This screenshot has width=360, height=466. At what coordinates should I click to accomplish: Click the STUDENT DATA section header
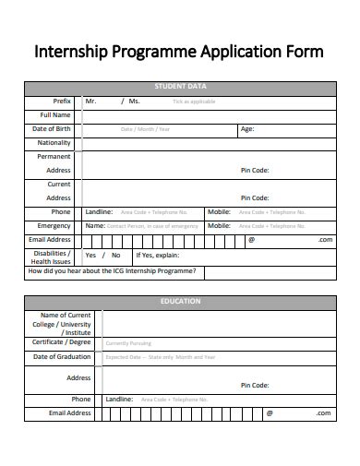(179, 86)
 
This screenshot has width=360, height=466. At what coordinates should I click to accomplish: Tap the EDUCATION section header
(179, 302)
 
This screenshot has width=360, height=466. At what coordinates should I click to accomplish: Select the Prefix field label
(62, 101)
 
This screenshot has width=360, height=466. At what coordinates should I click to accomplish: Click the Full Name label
(55, 114)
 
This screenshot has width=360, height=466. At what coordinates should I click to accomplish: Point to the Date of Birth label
(52, 129)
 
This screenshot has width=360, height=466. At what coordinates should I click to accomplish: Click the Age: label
(246, 129)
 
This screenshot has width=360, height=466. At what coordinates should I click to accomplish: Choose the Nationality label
(54, 143)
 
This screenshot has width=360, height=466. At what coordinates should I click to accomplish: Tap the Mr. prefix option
(90, 101)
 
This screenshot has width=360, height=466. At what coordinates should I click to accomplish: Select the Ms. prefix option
(134, 101)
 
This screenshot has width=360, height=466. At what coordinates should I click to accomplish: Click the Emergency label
(54, 225)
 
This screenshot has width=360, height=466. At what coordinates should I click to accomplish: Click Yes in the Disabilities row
(90, 255)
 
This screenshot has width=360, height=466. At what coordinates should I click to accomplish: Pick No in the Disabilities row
(115, 255)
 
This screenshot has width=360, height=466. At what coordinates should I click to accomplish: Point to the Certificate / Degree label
(62, 342)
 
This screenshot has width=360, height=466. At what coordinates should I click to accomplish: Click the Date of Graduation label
(62, 356)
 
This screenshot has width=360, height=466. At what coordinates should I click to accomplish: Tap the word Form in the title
(302, 52)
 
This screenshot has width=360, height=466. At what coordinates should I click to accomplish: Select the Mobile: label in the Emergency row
(219, 225)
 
